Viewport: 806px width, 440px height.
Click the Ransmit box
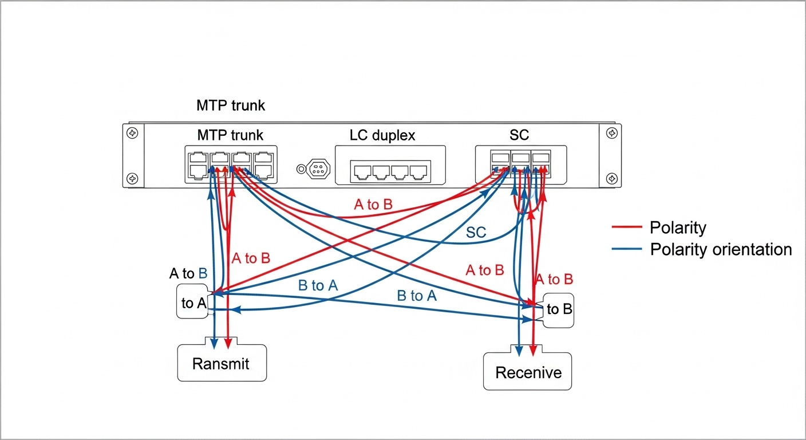tap(222, 363)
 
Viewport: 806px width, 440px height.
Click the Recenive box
tap(528, 372)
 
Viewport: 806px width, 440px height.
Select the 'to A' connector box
tap(193, 302)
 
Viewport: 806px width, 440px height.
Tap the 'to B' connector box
tap(558, 310)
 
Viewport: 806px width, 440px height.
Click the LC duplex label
tap(382, 136)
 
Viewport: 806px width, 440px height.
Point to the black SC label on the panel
tap(519, 136)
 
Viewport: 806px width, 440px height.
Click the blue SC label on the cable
tap(476, 233)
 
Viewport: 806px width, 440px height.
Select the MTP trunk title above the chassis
tap(231, 105)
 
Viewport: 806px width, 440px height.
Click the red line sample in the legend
tap(627, 228)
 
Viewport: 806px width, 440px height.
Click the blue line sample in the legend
tap(627, 250)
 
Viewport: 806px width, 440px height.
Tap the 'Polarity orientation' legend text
tap(721, 250)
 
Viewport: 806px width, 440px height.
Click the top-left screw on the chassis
tap(132, 133)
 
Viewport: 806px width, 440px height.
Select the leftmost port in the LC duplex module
tap(363, 171)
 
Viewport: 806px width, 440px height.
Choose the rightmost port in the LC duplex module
tap(419, 171)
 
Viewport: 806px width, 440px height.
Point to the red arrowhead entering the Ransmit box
tap(228, 344)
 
